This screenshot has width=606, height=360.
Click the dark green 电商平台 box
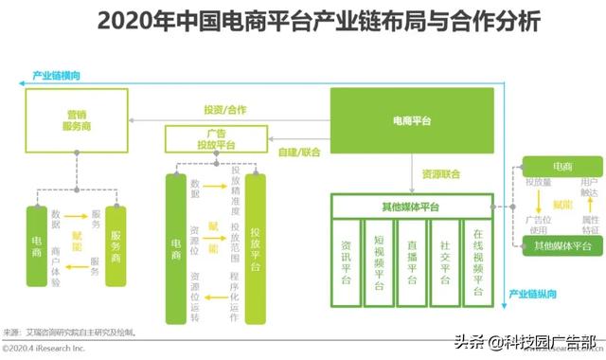coord(413,121)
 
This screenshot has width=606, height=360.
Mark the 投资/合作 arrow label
coord(225,110)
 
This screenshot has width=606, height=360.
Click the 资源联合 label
coord(441,174)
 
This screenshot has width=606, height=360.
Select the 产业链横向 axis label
coord(57,75)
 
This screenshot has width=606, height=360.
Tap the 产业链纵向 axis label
coord(533,295)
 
